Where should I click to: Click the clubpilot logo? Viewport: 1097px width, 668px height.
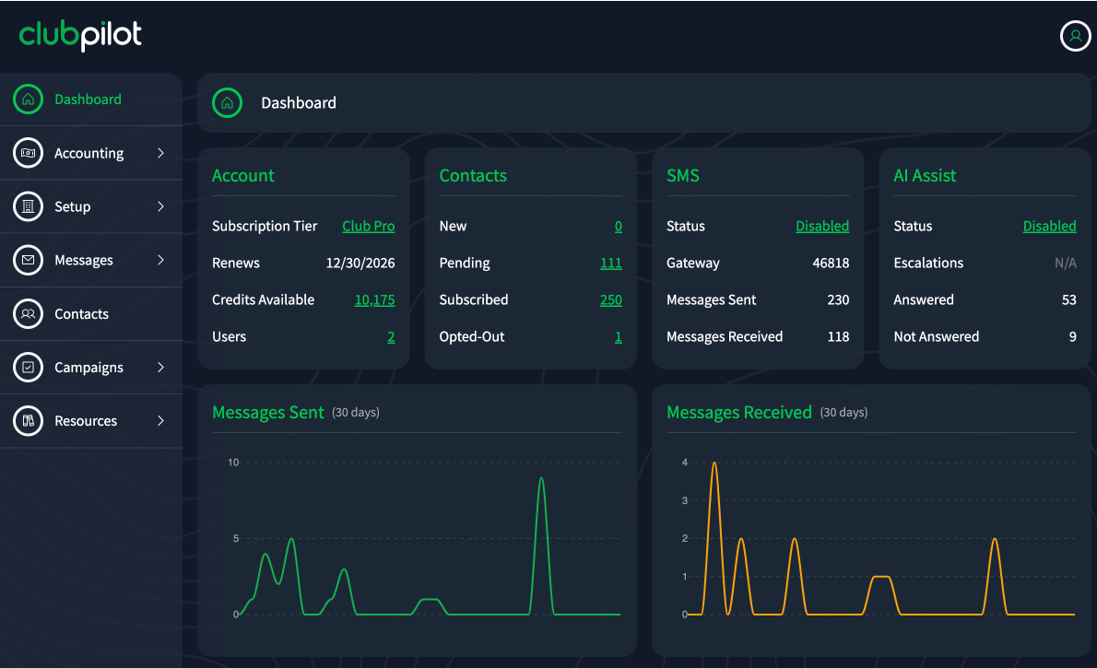click(80, 35)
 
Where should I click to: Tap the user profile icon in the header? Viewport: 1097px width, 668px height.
click(1075, 36)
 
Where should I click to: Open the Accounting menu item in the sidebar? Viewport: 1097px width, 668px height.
click(88, 153)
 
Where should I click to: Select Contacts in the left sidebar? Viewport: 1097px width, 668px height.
click(81, 314)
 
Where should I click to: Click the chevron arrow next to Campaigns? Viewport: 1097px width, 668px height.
click(160, 368)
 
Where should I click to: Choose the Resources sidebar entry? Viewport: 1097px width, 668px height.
click(86, 421)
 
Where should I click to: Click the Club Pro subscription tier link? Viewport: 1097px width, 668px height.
click(368, 226)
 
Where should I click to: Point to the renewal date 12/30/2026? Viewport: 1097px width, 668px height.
click(360, 263)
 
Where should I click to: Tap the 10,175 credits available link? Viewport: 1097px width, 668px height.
click(374, 299)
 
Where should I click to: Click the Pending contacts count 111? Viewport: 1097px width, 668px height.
click(610, 263)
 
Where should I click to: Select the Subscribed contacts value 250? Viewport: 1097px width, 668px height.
click(610, 299)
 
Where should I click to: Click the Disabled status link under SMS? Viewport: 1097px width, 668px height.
click(822, 226)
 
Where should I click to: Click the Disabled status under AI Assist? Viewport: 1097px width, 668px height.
click(1049, 226)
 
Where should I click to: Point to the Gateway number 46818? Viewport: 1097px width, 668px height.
click(831, 263)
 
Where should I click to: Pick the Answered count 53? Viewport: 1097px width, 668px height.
click(1068, 299)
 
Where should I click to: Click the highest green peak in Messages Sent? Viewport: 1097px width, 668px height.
click(541, 479)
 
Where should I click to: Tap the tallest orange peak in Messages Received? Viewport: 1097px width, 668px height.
click(714, 463)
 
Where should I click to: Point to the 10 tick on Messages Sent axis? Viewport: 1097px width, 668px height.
click(233, 463)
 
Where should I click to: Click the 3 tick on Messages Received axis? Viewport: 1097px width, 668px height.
click(685, 500)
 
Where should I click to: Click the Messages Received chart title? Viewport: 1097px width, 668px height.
click(738, 413)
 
